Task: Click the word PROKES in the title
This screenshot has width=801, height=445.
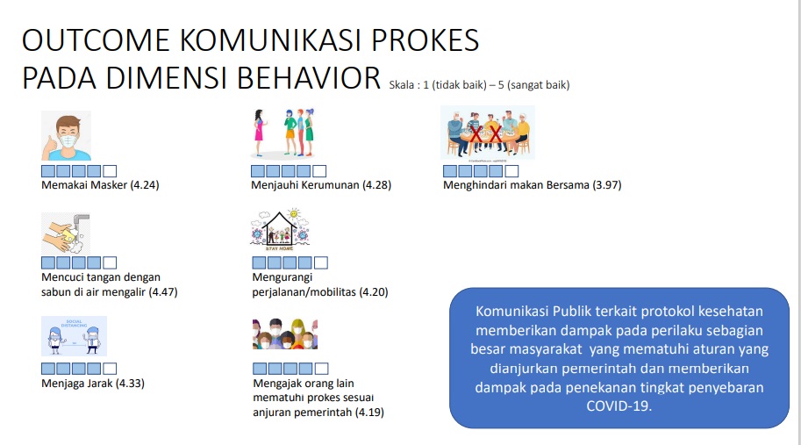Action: point(425,39)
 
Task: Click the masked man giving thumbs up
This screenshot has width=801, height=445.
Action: point(67,135)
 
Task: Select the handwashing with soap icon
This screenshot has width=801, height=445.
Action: point(66,233)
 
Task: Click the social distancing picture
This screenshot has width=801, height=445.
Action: point(74,335)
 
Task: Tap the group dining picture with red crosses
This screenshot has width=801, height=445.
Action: point(487,133)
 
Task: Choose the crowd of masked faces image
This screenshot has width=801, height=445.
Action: point(285,334)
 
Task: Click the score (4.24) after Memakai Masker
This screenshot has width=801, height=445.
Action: point(145,185)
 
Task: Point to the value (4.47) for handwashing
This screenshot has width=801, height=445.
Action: point(163,292)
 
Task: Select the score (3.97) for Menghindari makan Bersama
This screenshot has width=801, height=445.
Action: point(607,185)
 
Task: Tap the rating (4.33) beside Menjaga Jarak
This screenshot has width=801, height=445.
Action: point(130,384)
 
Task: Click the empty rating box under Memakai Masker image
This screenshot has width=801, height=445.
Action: point(110,171)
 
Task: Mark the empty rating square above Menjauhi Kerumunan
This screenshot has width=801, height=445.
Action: point(319,171)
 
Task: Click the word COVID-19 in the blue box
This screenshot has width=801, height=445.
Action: point(619,406)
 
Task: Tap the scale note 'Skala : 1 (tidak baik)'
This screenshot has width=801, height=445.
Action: point(438,85)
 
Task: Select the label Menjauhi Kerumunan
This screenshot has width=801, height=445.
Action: point(305,185)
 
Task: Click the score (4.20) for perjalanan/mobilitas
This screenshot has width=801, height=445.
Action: point(374,292)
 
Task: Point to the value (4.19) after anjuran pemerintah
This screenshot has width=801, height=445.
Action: point(369,413)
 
